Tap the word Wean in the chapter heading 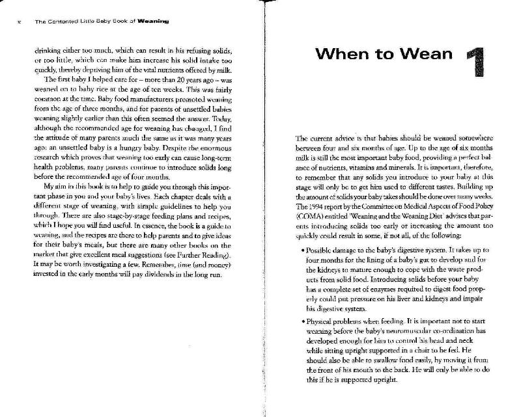(425, 53)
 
